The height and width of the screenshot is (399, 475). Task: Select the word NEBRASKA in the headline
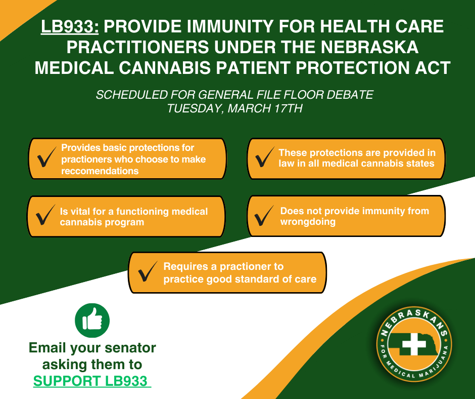tap(367, 47)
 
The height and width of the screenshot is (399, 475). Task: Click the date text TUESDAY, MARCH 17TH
tap(235, 108)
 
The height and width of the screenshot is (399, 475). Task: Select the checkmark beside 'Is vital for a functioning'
tap(45, 217)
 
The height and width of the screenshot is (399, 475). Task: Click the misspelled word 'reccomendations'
tap(100, 171)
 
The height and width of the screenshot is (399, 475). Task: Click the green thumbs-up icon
tap(92, 320)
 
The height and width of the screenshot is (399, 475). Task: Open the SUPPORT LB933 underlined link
tap(92, 381)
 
